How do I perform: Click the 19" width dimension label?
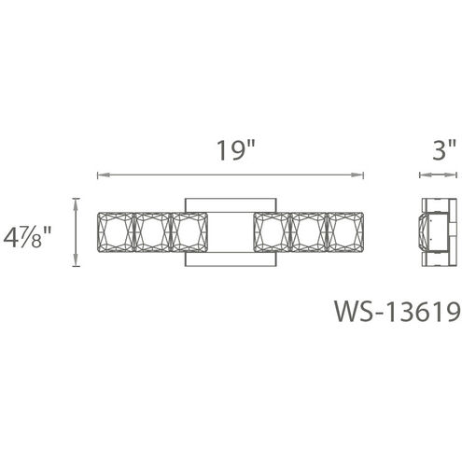click(235, 150)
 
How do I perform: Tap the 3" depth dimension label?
click(444, 150)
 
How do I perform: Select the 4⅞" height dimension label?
click(27, 237)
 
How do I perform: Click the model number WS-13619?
click(398, 311)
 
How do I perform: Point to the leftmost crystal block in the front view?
click(116, 232)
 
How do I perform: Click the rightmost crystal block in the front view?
click(345, 232)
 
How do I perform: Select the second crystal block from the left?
click(151, 232)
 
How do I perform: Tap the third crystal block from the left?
click(189, 232)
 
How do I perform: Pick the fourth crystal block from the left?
click(272, 232)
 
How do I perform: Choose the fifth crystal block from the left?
click(309, 232)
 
